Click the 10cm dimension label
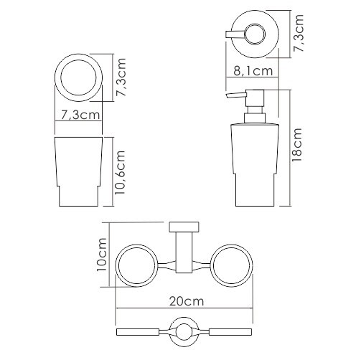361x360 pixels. coord(102,255)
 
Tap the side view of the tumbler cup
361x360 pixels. coord(78,171)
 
